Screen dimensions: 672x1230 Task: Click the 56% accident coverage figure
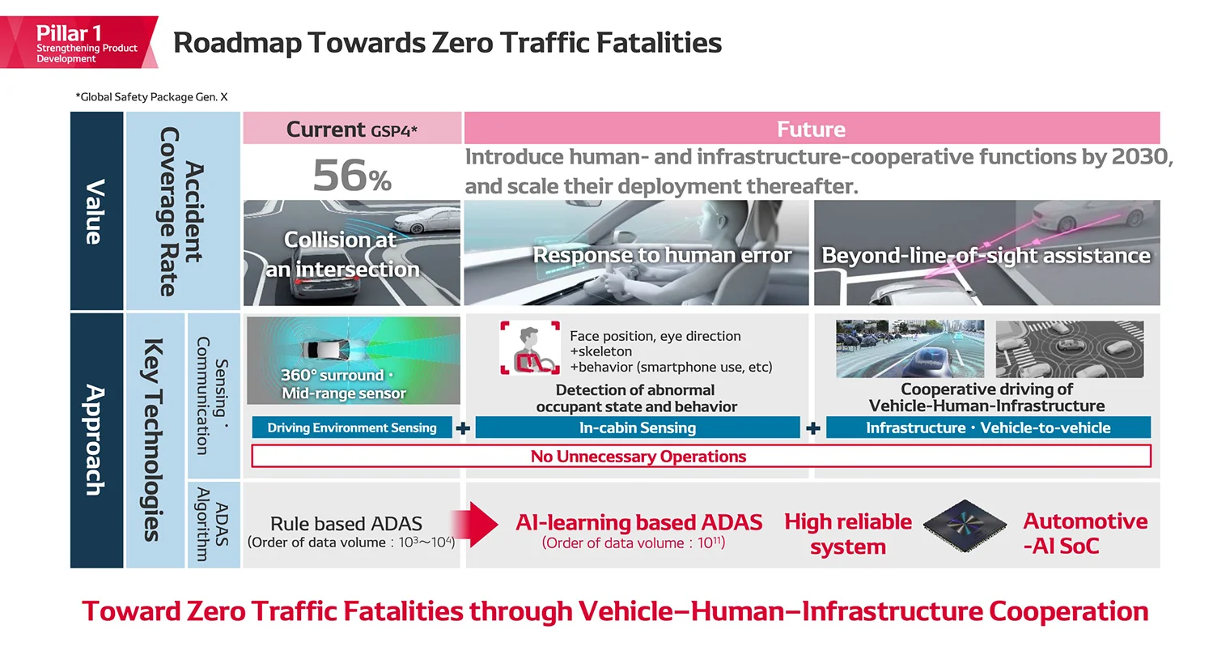point(352,176)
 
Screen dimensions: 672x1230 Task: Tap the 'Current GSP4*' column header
point(352,130)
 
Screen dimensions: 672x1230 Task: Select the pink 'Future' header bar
point(811,130)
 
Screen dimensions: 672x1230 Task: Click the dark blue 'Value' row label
point(95,211)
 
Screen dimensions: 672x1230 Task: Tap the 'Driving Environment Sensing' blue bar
point(352,427)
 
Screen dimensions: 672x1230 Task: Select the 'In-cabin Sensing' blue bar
point(637,427)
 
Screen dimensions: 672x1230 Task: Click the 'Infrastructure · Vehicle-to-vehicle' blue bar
point(987,427)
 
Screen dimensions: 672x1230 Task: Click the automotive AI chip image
point(965,526)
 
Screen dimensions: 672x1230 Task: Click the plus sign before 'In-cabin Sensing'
point(463,428)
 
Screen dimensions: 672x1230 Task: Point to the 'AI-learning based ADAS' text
point(638,523)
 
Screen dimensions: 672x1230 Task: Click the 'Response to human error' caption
point(661,256)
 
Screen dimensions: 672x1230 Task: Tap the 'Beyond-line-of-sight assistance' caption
point(986,256)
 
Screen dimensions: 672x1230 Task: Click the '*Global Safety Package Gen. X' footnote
point(151,97)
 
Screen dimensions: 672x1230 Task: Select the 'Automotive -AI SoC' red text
point(1084,534)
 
